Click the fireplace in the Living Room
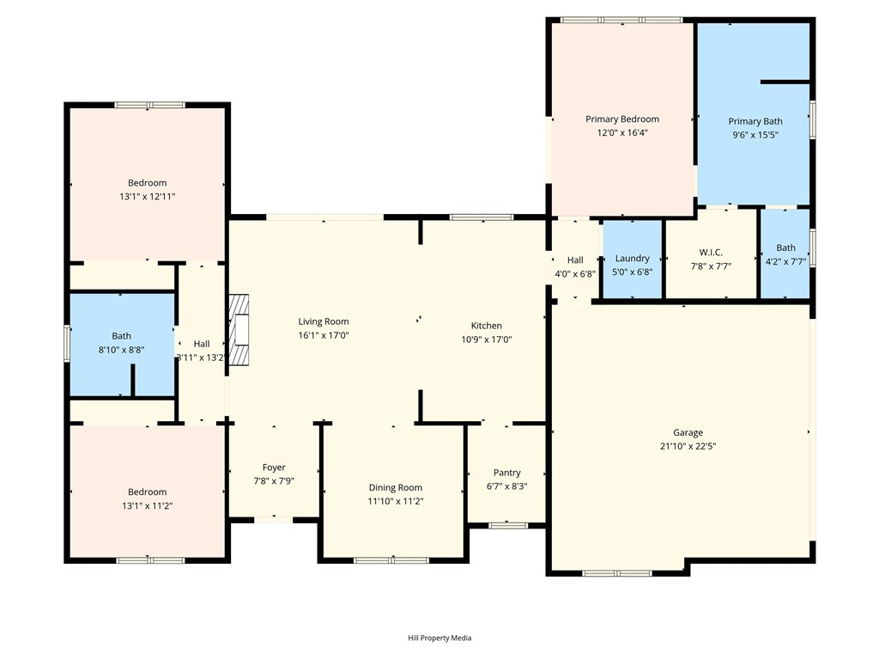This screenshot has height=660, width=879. pyautogui.click(x=239, y=330)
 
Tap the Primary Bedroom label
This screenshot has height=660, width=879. pyautogui.click(x=622, y=119)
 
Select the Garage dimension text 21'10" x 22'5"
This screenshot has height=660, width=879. pyautogui.click(x=688, y=446)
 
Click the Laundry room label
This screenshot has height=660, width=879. pyautogui.click(x=633, y=259)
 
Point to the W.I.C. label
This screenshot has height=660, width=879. pyautogui.click(x=711, y=253)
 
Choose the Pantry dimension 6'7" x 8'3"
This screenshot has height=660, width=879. pyautogui.click(x=506, y=486)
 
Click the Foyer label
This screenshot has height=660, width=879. pyautogui.click(x=274, y=467)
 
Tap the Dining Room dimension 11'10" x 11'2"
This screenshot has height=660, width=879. pyautogui.click(x=396, y=501)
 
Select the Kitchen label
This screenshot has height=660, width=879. pyautogui.click(x=486, y=326)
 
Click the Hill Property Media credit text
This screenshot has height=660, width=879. pyautogui.click(x=439, y=638)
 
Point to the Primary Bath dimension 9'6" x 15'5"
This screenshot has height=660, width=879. pyautogui.click(x=755, y=135)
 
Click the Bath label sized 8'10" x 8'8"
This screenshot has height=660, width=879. pyautogui.click(x=122, y=336)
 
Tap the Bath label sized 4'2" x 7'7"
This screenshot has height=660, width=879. pyautogui.click(x=785, y=248)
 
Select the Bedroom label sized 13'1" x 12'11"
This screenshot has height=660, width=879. pyautogui.click(x=148, y=183)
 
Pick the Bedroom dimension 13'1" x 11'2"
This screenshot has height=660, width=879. pyautogui.click(x=144, y=505)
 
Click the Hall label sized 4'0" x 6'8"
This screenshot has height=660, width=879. pyautogui.click(x=575, y=260)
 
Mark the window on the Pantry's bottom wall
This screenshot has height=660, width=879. pyautogui.click(x=507, y=525)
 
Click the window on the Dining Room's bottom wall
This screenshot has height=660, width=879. pyautogui.click(x=391, y=560)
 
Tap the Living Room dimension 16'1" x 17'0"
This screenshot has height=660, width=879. pyautogui.click(x=324, y=335)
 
